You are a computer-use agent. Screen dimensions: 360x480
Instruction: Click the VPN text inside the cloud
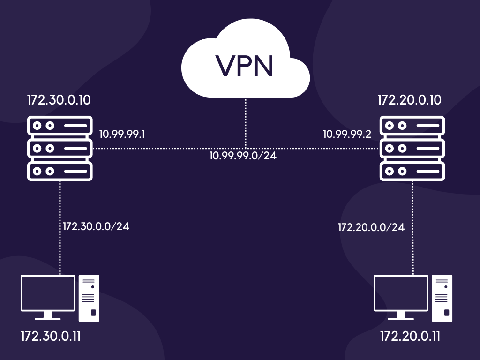click(245, 66)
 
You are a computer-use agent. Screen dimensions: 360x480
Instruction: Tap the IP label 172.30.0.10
click(59, 100)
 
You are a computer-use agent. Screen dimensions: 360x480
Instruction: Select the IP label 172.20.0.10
click(410, 100)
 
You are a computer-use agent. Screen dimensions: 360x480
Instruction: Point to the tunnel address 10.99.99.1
click(122, 135)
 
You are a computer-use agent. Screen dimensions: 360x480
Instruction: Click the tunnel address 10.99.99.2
click(347, 135)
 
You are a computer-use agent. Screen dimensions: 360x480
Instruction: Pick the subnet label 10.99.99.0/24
click(243, 156)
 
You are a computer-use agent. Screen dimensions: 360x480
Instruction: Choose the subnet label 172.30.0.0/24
click(96, 226)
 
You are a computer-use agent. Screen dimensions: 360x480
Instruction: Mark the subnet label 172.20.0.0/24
click(371, 228)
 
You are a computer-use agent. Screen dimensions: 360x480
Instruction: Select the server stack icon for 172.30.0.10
click(60, 149)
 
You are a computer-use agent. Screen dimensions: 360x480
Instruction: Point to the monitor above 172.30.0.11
click(48, 294)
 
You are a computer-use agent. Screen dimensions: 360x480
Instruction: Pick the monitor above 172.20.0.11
click(401, 294)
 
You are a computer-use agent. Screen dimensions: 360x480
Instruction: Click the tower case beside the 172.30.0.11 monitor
click(89, 298)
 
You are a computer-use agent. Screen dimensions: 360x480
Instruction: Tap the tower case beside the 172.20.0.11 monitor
click(442, 298)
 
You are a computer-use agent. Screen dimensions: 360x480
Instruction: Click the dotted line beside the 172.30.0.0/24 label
click(60, 227)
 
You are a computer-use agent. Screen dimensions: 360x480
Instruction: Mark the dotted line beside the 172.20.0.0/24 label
click(412, 227)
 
